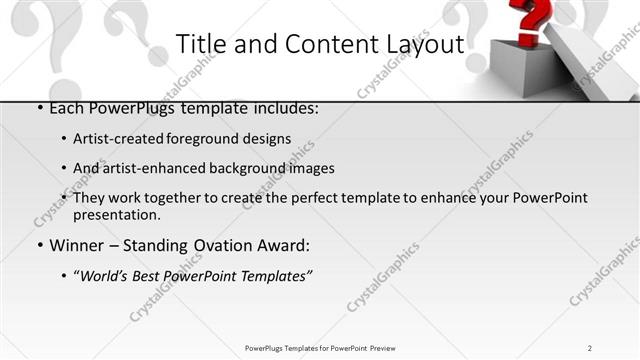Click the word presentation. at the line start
click(116, 214)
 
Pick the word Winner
click(77, 245)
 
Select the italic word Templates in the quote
click(270, 275)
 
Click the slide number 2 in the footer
click(590, 348)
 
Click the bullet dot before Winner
click(39, 246)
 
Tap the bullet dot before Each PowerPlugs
click(39, 108)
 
